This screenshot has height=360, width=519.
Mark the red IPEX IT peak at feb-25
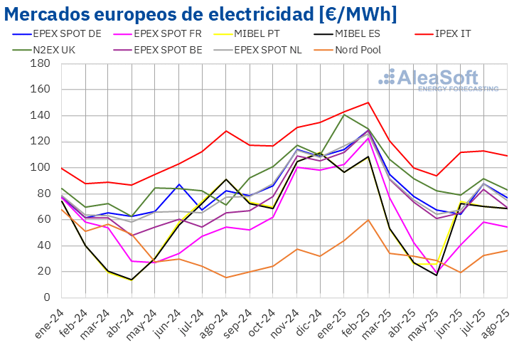pos(368,102)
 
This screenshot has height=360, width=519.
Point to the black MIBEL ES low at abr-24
pos(132,280)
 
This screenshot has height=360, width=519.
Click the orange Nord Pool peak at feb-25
pos(368,220)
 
